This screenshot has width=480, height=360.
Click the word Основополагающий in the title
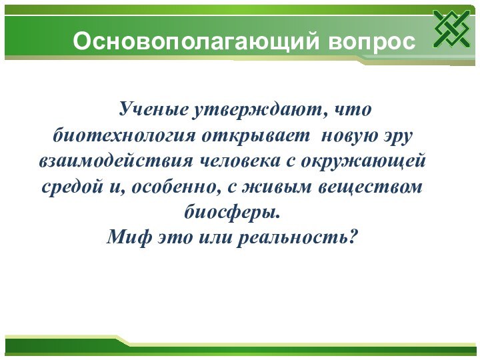pyautogui.click(x=197, y=41)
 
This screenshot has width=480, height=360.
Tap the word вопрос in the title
pyautogui.click(x=371, y=41)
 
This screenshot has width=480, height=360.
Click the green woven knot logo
pyautogui.click(x=451, y=29)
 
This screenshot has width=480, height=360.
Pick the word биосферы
pyautogui.click(x=231, y=214)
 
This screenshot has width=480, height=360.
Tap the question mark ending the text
pyautogui.click(x=354, y=237)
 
